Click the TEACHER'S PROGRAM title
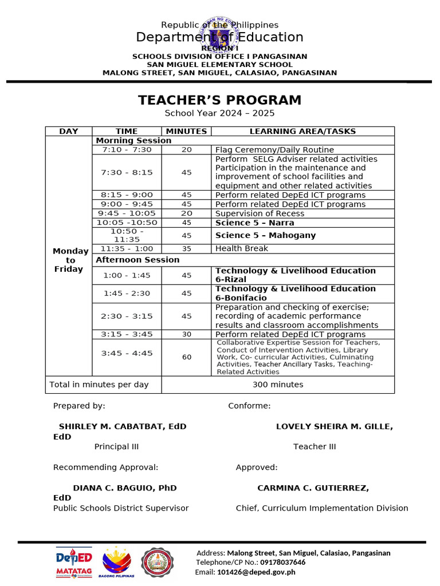click(219, 100)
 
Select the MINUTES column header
click(186, 131)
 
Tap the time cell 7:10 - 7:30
click(127, 149)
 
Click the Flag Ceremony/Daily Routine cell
click(274, 149)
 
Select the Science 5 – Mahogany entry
click(265, 235)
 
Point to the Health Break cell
click(241, 248)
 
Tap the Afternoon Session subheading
click(137, 260)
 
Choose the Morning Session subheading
click(133, 140)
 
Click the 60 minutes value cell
click(187, 357)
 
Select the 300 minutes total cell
click(278, 385)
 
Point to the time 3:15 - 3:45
click(127, 334)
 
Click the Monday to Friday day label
click(70, 260)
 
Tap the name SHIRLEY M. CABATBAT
click(122, 426)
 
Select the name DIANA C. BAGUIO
click(124, 488)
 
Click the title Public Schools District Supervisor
click(121, 508)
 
